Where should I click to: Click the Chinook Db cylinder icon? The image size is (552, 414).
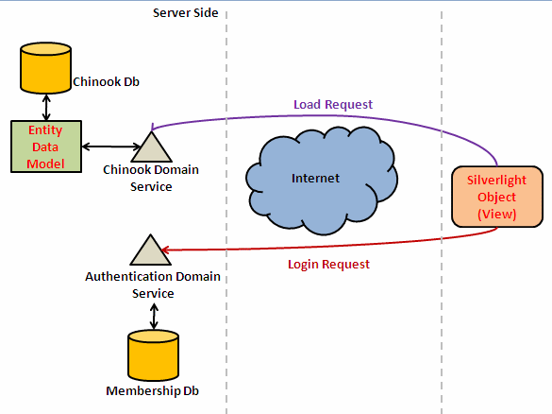pos(46,68)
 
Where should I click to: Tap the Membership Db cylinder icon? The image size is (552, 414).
pos(153,355)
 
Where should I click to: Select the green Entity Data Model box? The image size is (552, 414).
pos(46,147)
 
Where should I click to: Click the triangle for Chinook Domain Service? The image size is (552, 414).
pos(151,147)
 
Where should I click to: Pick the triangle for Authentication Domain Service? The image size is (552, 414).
pos(151,250)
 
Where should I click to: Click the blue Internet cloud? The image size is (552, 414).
pos(322,181)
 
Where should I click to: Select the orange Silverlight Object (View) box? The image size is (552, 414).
pos(497,197)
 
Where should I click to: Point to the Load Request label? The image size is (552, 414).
pos(333,104)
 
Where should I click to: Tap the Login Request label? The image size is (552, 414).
pos(328,264)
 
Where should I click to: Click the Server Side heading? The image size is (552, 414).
pos(186,13)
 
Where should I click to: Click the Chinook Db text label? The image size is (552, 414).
pos(106,82)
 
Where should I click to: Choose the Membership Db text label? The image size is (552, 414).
pos(153,390)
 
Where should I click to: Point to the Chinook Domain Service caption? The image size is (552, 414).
pos(151,178)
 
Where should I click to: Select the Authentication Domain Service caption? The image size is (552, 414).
pos(153,285)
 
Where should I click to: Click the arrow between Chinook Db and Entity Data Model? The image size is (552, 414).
pos(46,107)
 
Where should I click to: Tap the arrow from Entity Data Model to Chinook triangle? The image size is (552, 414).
pos(111,147)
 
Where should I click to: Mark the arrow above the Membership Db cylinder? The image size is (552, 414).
pos(154,317)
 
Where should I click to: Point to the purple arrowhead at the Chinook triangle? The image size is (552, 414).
pos(152,127)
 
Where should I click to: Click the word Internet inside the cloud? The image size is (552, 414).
pos(315,178)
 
